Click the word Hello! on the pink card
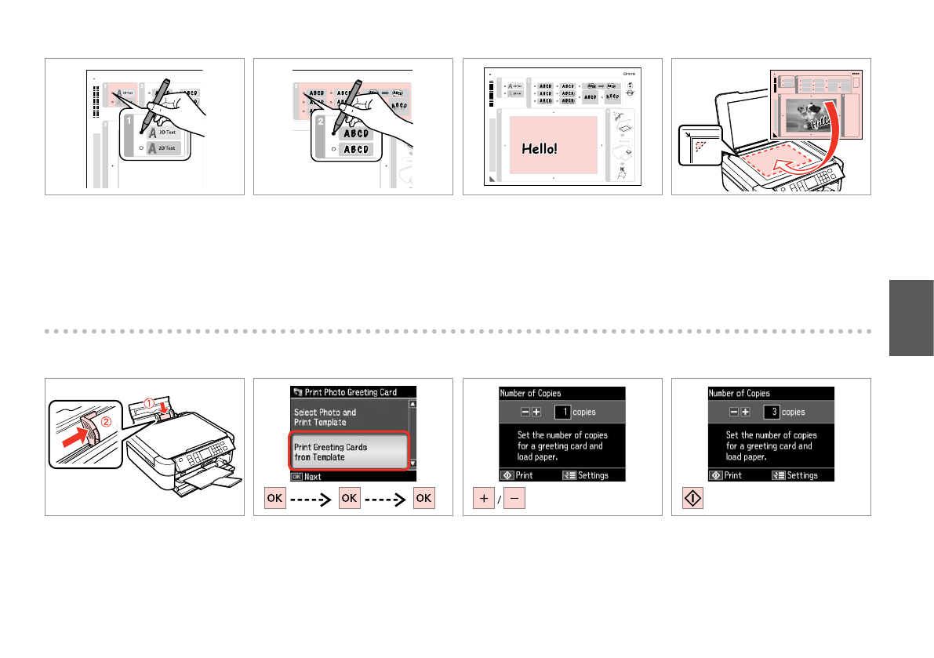point(539,147)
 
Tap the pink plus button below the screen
point(482,499)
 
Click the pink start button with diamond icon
point(690,499)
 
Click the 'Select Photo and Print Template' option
point(325,416)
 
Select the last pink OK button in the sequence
point(423,499)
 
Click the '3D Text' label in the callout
point(165,133)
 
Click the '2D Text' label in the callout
point(165,148)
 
